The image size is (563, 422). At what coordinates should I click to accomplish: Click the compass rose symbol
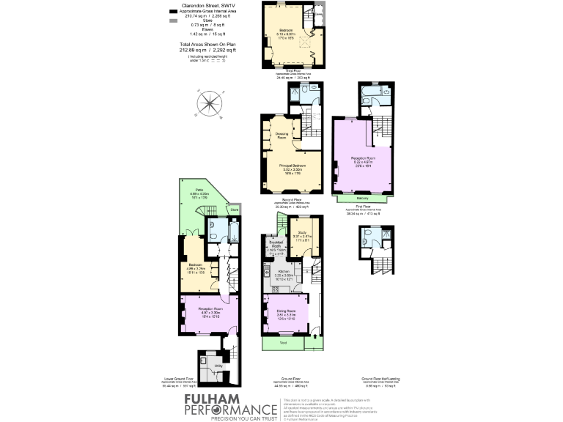click(x=209, y=103)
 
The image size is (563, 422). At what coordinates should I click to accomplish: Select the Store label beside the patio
click(x=234, y=210)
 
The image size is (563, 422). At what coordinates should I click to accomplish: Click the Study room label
click(x=302, y=232)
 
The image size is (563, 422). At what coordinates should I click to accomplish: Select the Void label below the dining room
click(x=283, y=341)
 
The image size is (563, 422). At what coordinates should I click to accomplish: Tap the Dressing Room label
click(x=281, y=135)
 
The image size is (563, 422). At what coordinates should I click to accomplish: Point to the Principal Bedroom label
click(x=292, y=166)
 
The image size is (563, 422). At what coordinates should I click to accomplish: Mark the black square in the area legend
click(x=173, y=12)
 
